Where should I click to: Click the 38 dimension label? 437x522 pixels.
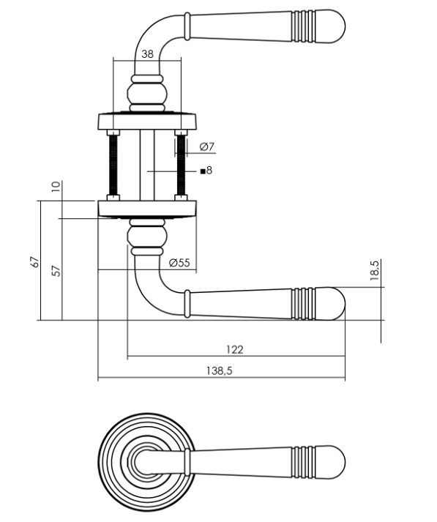pyautogui.click(x=147, y=53)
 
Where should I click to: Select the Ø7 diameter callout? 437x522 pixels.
pyautogui.click(x=206, y=146)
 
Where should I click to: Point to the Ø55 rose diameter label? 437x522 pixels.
pyautogui.click(x=179, y=263)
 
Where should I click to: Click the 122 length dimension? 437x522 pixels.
pyautogui.click(x=234, y=349)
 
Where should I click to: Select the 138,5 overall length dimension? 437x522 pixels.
pyautogui.click(x=220, y=371)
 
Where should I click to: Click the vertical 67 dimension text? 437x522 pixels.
pyautogui.click(x=34, y=262)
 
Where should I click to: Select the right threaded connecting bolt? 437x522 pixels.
pyautogui.click(x=179, y=165)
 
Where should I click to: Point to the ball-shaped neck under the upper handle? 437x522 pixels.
pyautogui.click(x=147, y=94)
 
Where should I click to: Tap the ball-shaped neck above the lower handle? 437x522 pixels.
pyautogui.click(x=147, y=235)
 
